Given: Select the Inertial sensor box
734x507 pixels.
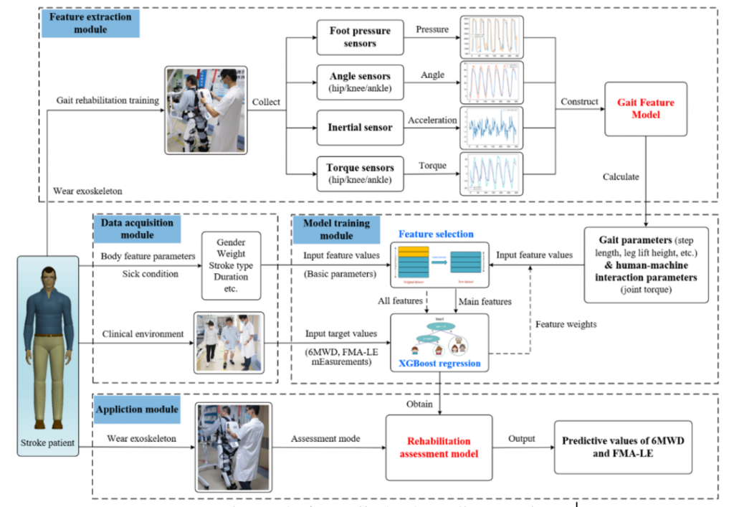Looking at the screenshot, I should click(x=361, y=128).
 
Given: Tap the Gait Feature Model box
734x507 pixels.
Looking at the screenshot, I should click(x=646, y=109).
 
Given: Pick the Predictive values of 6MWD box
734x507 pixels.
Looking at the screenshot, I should click(x=623, y=446).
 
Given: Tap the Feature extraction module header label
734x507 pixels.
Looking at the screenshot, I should click(x=90, y=23).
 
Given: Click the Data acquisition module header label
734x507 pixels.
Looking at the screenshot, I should click(x=137, y=228).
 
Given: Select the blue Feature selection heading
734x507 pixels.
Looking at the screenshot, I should click(x=436, y=234).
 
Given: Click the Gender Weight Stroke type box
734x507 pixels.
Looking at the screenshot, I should click(x=232, y=265).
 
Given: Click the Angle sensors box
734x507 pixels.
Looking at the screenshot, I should click(x=361, y=82).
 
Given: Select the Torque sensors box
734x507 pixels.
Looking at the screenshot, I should click(x=361, y=173).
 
